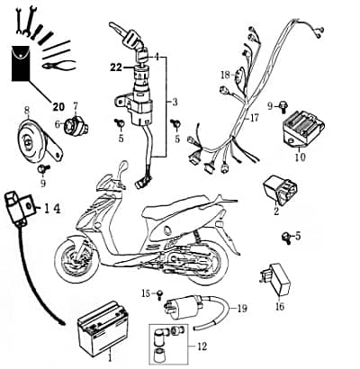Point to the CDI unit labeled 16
[275, 278]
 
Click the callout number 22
[116, 68]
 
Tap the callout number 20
[58, 106]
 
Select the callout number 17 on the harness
[254, 118]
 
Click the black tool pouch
[21, 63]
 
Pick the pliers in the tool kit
[58, 65]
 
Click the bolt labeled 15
[160, 294]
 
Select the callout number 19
[242, 308]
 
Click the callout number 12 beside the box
[202, 346]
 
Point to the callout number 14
[52, 208]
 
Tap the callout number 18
[226, 75]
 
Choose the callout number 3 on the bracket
[175, 102]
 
